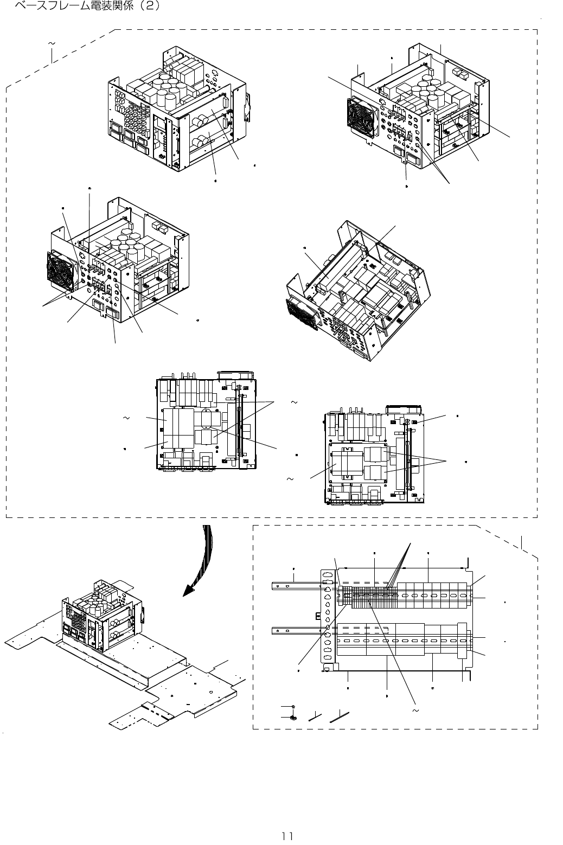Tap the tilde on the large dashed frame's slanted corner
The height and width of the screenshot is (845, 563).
pyautogui.click(x=52, y=43)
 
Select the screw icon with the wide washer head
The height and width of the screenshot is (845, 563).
pyautogui.click(x=292, y=717)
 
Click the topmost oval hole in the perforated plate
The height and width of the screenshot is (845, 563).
pyautogui.click(x=327, y=575)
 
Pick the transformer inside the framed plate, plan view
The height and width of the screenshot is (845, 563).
pyautogui.click(x=347, y=465)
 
